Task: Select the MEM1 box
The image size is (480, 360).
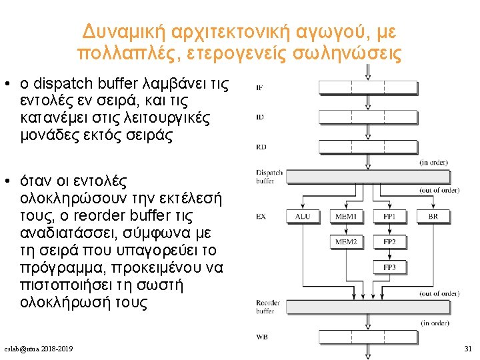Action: tap(345, 217)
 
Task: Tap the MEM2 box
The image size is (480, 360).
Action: tap(345, 241)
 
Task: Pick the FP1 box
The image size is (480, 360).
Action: tap(389, 217)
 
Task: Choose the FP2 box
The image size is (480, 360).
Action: tap(389, 241)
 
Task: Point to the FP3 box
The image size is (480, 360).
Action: tap(389, 267)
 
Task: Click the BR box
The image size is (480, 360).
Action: tap(433, 217)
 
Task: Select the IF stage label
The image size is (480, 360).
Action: tap(259, 88)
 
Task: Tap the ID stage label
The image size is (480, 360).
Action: tap(259, 117)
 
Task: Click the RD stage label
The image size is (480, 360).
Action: tap(261, 147)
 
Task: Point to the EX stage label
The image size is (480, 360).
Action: tap(261, 217)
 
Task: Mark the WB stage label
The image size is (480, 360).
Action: tap(261, 337)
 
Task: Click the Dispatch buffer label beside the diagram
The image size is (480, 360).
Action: tap(269, 177)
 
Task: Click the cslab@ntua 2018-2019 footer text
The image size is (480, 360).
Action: tap(38, 349)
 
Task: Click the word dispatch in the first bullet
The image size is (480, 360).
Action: tap(66, 85)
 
